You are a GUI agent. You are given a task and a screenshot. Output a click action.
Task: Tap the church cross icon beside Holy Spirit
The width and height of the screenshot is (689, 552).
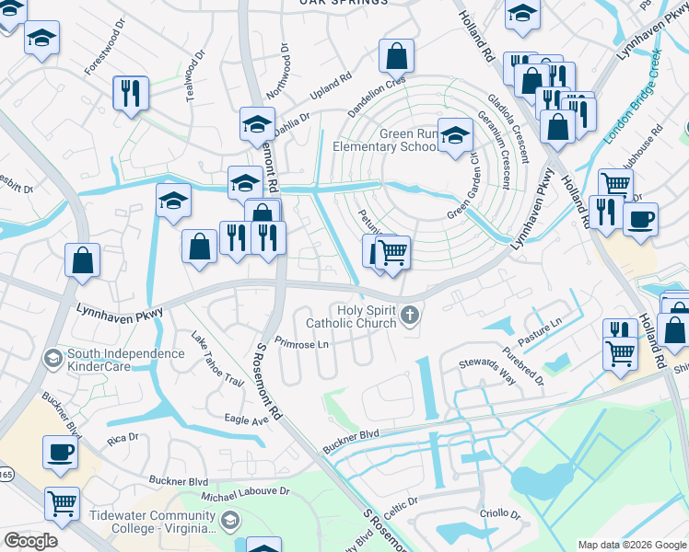click(x=410, y=317)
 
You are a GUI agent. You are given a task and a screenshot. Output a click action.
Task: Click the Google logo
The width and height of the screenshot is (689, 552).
click(x=30, y=541)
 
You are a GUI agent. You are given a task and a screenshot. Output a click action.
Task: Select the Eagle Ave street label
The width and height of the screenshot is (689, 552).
click(x=246, y=420)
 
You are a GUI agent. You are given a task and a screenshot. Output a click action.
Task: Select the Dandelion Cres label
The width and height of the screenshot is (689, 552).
click(x=376, y=95)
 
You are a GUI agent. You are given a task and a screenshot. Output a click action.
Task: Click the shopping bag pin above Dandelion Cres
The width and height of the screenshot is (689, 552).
click(x=396, y=58)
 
